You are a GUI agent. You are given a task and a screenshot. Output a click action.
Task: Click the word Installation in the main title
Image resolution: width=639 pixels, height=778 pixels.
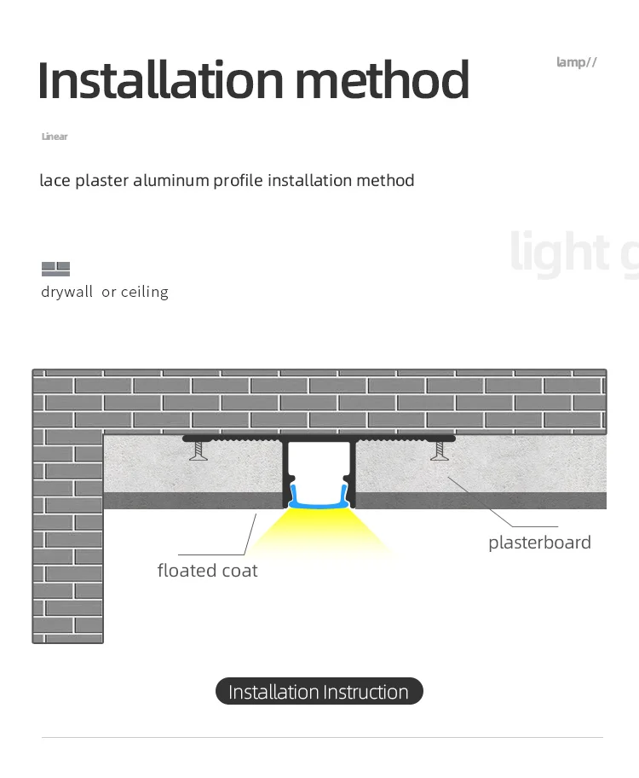(x=160, y=80)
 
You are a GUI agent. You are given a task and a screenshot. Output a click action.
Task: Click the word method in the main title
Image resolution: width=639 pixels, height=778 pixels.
(x=383, y=80)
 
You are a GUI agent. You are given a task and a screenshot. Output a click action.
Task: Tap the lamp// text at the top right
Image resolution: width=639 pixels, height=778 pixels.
(x=577, y=61)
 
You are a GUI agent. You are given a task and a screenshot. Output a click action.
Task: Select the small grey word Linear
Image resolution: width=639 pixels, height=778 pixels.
(x=55, y=136)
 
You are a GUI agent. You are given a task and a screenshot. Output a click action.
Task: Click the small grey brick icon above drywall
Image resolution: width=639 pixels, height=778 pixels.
(x=55, y=269)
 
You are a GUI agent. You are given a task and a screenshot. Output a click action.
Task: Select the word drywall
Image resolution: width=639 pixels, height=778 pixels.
(x=66, y=292)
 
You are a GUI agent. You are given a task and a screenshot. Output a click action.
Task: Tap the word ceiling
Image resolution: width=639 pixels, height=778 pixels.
(x=144, y=292)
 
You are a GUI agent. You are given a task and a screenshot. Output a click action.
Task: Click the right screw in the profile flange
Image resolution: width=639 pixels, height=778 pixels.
(x=440, y=450)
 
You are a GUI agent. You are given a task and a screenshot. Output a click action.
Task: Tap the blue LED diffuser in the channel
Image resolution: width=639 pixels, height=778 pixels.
(x=319, y=498)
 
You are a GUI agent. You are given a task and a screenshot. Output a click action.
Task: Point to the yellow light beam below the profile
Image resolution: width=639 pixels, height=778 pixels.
(x=319, y=533)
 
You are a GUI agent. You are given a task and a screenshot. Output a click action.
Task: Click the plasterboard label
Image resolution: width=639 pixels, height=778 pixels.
(x=539, y=543)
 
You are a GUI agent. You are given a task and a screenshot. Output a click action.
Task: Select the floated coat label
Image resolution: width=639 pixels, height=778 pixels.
(x=207, y=571)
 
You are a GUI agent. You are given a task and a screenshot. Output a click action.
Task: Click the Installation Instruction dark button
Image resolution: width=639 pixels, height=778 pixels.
(x=319, y=692)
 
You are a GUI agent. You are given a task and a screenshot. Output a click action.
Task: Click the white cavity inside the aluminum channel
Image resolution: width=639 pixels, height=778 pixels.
(x=319, y=465)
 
